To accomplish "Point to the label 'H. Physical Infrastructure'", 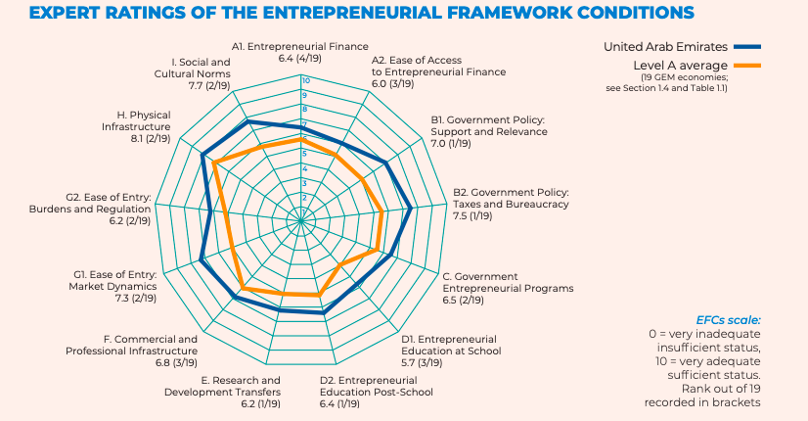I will click(136, 120).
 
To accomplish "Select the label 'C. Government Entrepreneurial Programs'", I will click(508, 282).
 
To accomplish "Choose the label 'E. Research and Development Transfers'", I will click(241, 386).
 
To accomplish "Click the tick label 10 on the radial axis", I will click(305, 80).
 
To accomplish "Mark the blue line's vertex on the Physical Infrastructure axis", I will click(202, 155).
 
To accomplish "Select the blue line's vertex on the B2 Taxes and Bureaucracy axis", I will click(411, 208).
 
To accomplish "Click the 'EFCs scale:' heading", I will click(728, 320).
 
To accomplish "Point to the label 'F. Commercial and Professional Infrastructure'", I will click(132, 345).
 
